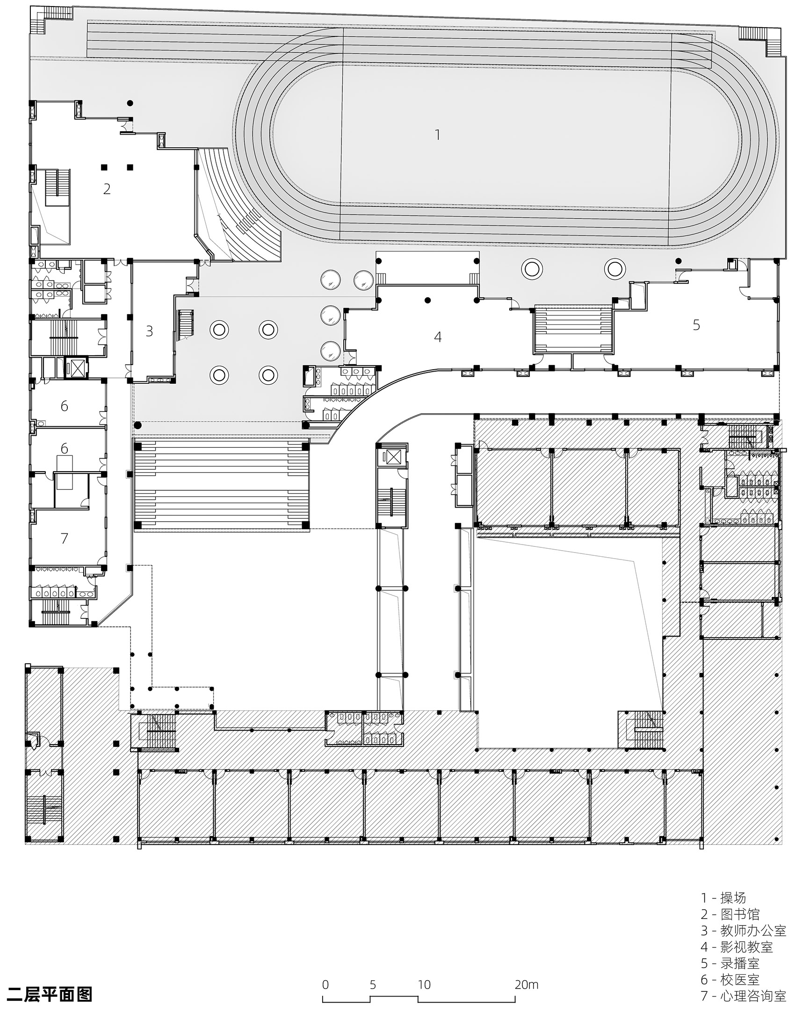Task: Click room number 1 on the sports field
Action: pyautogui.click(x=437, y=135)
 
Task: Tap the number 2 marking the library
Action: pyautogui.click(x=107, y=189)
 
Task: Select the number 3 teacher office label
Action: pyautogui.click(x=149, y=331)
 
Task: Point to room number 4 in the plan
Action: pyautogui.click(x=438, y=337)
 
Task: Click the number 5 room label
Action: pyautogui.click(x=696, y=325)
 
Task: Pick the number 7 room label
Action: pyautogui.click(x=65, y=538)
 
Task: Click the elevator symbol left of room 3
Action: pyautogui.click(x=75, y=368)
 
